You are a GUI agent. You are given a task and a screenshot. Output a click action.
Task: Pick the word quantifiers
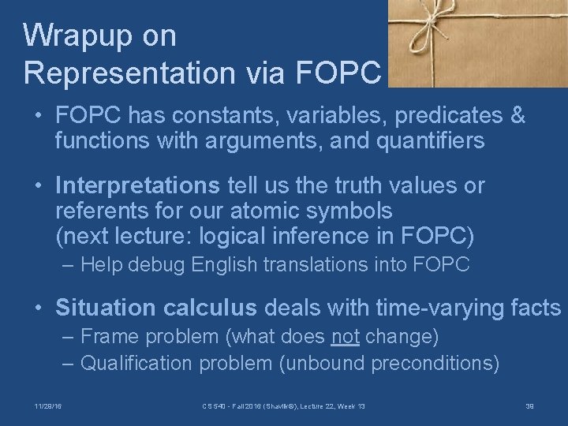pos(413,142)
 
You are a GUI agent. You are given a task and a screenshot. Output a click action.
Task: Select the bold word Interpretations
pos(138,186)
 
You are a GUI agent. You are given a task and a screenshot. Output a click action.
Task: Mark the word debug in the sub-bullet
pos(157,265)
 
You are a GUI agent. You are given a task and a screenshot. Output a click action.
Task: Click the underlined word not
pos(344,337)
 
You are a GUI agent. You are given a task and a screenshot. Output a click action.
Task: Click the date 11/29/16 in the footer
pos(48,405)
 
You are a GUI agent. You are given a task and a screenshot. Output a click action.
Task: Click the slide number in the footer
pos(529,405)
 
